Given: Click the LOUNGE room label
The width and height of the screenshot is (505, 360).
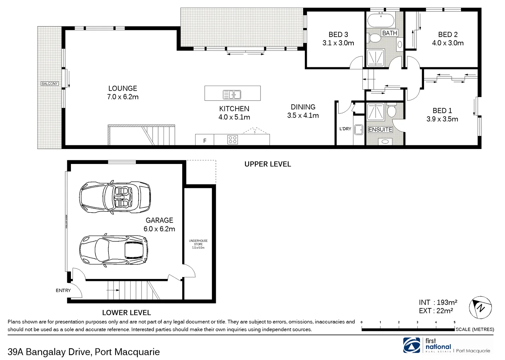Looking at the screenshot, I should (x=123, y=88).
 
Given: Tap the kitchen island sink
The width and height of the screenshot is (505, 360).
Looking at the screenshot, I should (x=232, y=95).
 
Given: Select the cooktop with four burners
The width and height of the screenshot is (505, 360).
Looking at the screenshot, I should (x=233, y=139).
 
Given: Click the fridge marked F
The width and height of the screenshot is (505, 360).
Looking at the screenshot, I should (x=205, y=141).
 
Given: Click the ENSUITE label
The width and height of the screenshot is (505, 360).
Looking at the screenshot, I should (x=380, y=129).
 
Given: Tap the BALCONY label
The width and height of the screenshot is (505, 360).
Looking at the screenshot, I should (x=49, y=84).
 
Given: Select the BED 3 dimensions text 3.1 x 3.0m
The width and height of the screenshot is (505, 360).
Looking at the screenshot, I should (x=338, y=43).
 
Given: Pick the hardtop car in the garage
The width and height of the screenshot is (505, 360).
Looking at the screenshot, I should (x=114, y=248).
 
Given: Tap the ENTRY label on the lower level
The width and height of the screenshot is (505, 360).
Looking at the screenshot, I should (x=63, y=290).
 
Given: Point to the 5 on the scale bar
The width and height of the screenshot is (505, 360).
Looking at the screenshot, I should (x=454, y=322).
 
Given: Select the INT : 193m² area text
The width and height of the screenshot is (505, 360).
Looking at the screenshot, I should (x=438, y=302).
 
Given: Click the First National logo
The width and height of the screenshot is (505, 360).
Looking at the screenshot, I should (x=412, y=345).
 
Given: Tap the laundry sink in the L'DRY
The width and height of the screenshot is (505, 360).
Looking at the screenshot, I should (x=359, y=130).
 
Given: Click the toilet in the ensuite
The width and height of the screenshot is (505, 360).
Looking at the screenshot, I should (x=391, y=110).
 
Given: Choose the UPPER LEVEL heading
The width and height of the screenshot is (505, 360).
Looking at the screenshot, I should (x=267, y=164).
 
